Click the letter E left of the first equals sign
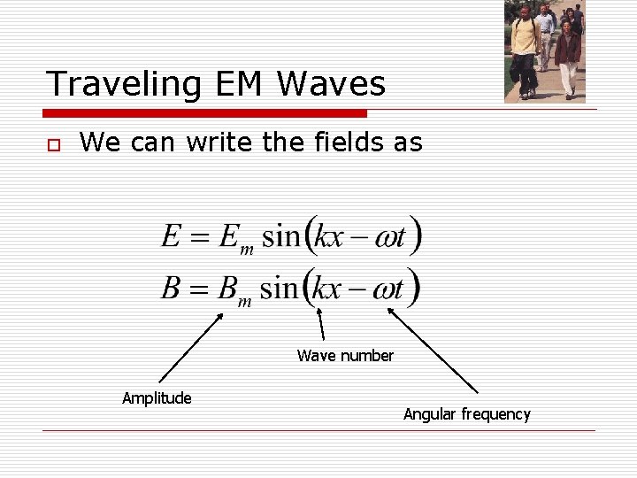[171, 236]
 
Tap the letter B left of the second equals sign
[171, 288]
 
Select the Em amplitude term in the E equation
[234, 239]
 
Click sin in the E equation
[282, 236]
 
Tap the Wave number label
[345, 356]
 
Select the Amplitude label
[157, 398]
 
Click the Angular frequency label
[467, 414]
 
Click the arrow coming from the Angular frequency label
[433, 350]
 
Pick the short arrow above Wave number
[320, 324]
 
